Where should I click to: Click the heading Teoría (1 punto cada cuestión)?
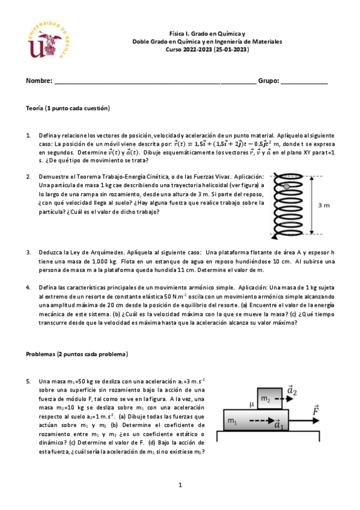(68, 108)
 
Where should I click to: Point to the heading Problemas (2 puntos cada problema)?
(77, 354)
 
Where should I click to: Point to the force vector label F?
(316, 410)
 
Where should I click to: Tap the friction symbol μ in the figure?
(251, 404)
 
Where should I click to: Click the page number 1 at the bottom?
(180, 484)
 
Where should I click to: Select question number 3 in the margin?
(28, 253)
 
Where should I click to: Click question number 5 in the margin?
(28, 381)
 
